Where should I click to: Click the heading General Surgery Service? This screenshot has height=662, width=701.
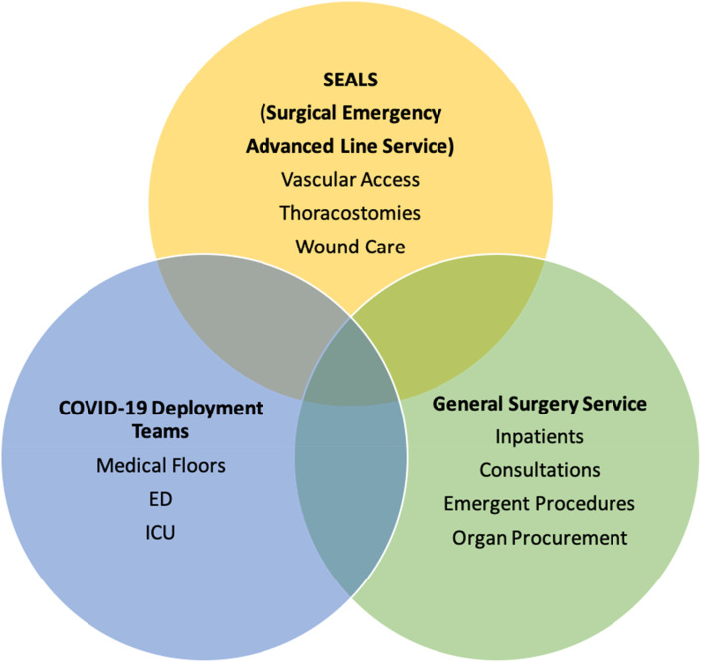[x=540, y=405]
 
